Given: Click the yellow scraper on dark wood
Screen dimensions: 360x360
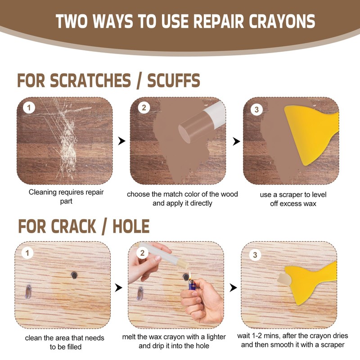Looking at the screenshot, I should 310,130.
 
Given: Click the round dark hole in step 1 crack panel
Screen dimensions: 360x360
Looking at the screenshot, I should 73,274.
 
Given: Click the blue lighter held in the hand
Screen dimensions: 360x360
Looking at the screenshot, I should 192,285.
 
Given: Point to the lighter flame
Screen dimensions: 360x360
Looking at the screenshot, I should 190,274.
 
